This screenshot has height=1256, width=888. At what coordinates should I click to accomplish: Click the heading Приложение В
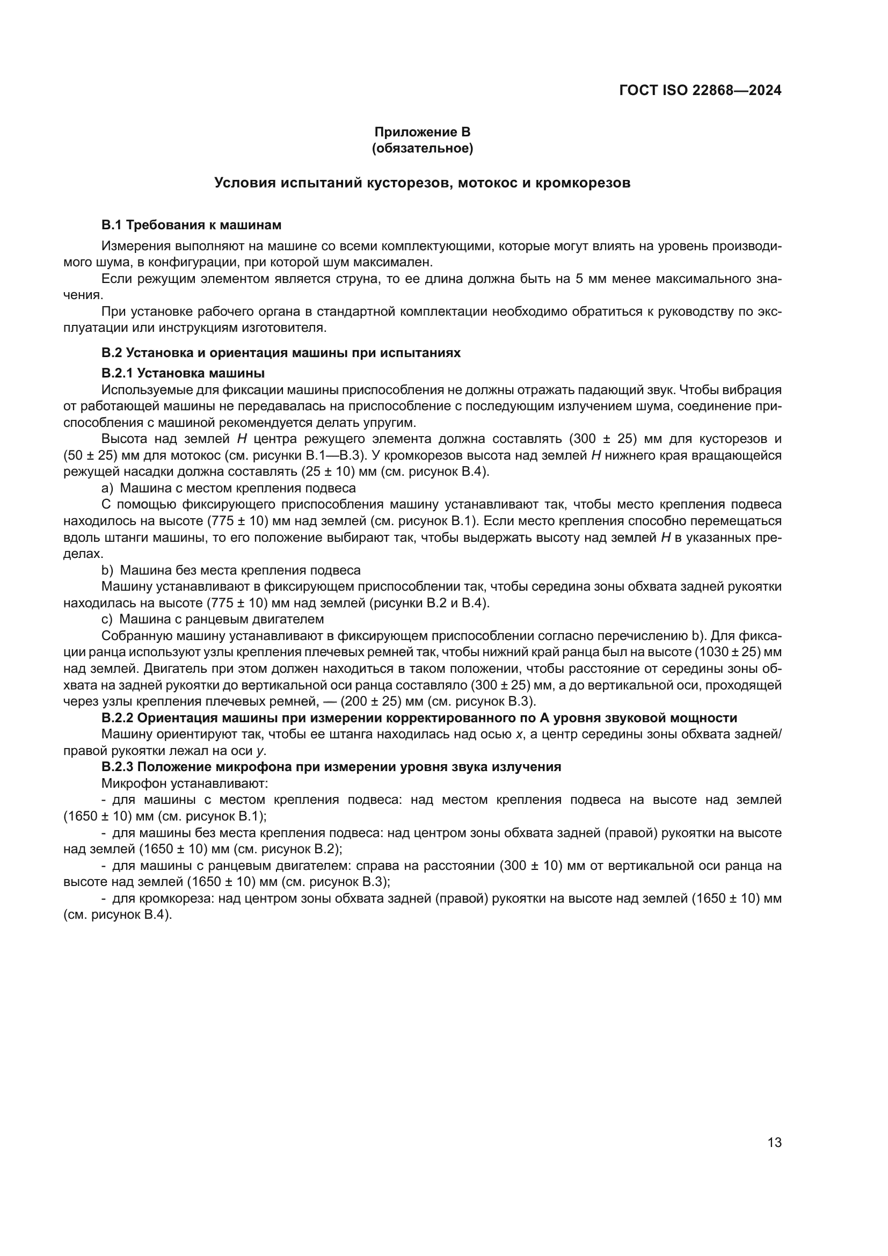[422, 132]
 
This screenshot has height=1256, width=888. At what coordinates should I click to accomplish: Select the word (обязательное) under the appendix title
[422, 148]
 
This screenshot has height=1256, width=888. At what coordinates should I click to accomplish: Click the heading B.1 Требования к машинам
[191, 225]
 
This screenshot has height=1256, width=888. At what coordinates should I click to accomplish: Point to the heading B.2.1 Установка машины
[183, 373]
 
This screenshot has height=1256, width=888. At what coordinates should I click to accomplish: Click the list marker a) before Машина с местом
[107, 488]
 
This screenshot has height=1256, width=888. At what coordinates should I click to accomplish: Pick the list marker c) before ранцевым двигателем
[107, 619]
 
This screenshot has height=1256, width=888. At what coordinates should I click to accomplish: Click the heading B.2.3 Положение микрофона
[331, 767]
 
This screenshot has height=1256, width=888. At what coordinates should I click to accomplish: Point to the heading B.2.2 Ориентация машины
[419, 718]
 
